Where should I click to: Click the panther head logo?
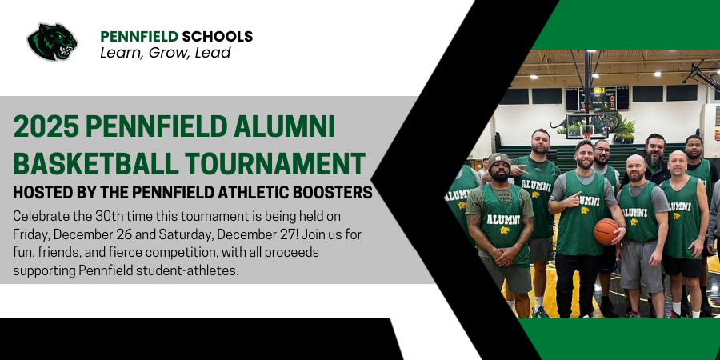click(x=52, y=42)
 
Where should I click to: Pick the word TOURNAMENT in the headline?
click(x=275, y=162)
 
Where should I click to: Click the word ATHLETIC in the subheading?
click(x=253, y=193)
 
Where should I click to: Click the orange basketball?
click(x=606, y=231)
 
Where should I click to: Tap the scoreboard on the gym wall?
click(x=597, y=98)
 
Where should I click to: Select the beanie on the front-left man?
click(x=500, y=160)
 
